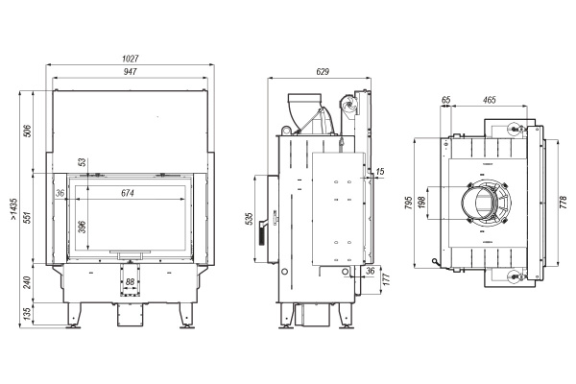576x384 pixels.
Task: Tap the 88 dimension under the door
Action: pyautogui.click(x=131, y=281)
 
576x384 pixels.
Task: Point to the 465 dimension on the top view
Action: pyautogui.click(x=489, y=99)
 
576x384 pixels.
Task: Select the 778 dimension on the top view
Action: pyautogui.click(x=564, y=202)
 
